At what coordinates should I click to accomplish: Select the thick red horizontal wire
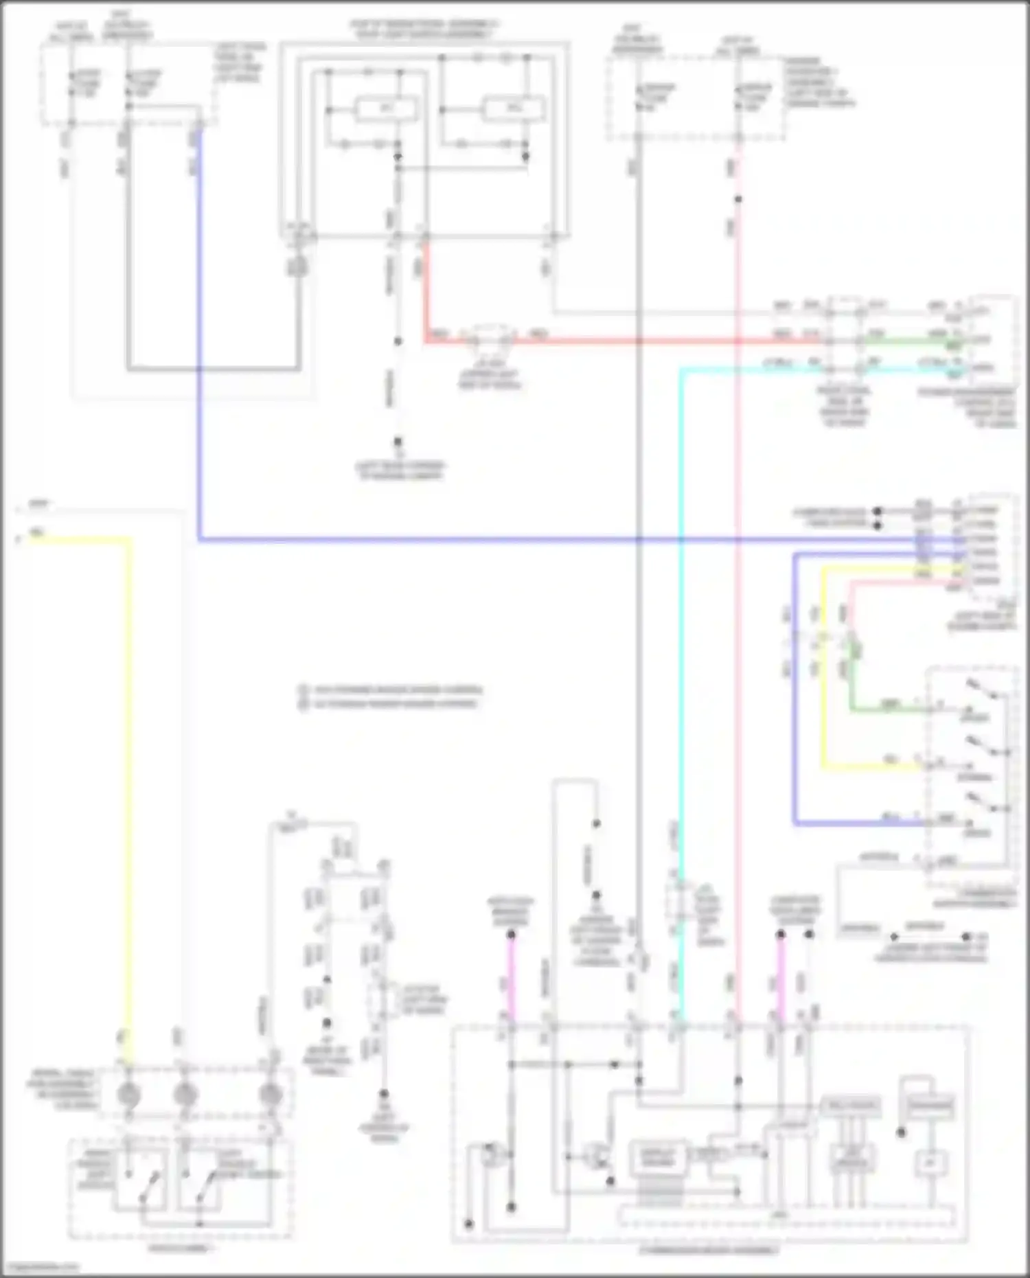point(618,340)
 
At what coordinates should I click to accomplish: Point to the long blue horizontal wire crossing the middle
point(481,540)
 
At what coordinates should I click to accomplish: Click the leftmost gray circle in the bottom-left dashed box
point(129,1095)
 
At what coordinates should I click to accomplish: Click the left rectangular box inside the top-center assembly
point(387,109)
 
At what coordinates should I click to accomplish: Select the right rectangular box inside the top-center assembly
point(514,109)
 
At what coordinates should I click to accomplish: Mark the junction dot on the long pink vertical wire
point(738,200)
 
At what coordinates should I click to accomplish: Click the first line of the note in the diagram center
point(391,689)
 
